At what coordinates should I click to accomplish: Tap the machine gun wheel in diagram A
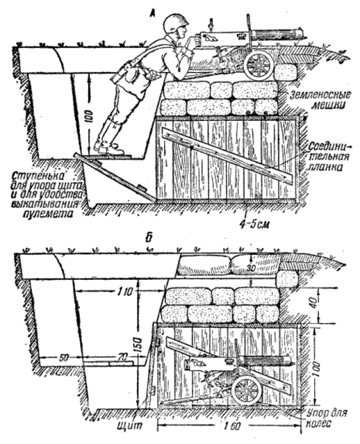(x=258, y=66)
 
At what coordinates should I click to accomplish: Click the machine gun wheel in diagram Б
(x=247, y=392)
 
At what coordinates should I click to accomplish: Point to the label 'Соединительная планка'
(x=323, y=156)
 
